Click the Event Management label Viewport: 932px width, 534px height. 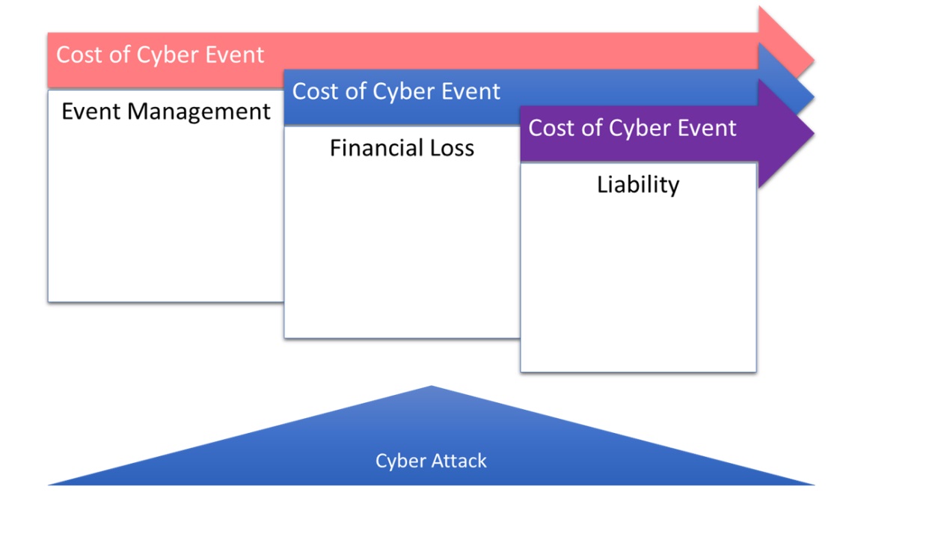[165, 111]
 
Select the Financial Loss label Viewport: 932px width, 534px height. [402, 148]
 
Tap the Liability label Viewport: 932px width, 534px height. [638, 184]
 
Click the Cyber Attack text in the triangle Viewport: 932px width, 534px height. [431, 461]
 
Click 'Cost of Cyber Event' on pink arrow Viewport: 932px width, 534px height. [160, 55]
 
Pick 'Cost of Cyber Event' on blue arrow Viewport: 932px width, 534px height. [396, 91]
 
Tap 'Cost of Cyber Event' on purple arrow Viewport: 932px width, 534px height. [632, 128]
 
